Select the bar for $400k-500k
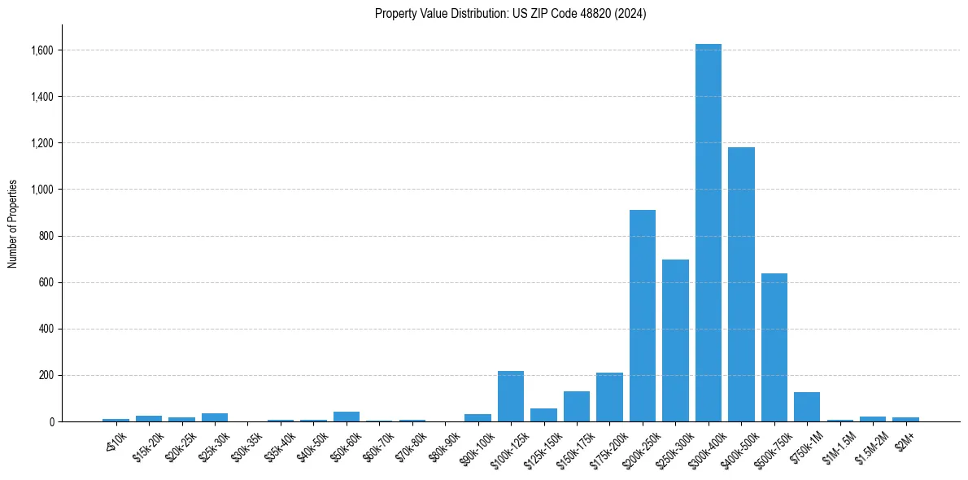coord(741,284)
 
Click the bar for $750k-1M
coord(807,407)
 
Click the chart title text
coord(510,14)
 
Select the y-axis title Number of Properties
coord(13,223)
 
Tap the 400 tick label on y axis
coord(46,329)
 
